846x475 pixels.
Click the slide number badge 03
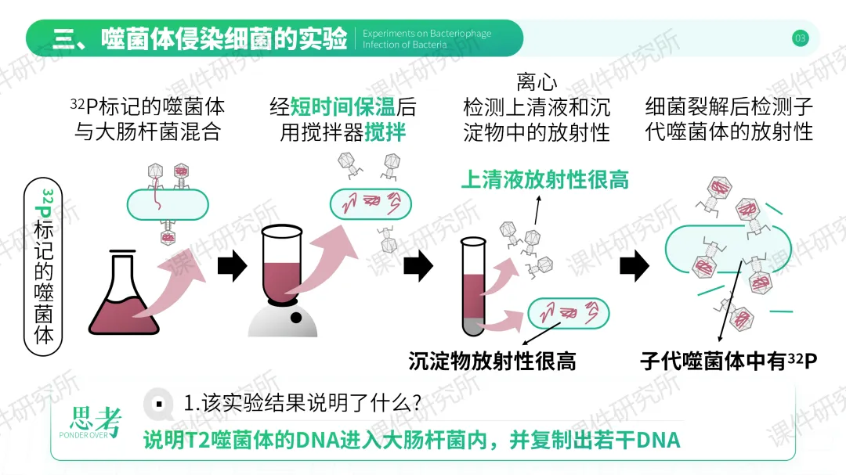tap(800, 38)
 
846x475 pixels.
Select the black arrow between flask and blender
tap(232, 267)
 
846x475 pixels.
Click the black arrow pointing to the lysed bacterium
tap(634, 267)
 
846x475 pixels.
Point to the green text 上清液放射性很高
tap(544, 181)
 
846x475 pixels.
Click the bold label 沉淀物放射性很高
tap(492, 361)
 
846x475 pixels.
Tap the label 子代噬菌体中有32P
tap(728, 362)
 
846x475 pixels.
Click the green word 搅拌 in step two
tap(385, 132)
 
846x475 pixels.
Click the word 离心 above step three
tap(537, 81)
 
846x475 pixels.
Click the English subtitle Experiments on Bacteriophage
tap(427, 34)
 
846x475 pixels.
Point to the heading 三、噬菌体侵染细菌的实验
tap(200, 38)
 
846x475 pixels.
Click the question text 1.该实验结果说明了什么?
tap(302, 403)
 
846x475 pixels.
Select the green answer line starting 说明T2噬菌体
tap(412, 440)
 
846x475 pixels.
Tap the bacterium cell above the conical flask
tap(168, 205)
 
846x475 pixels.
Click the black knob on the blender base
tap(297, 317)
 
